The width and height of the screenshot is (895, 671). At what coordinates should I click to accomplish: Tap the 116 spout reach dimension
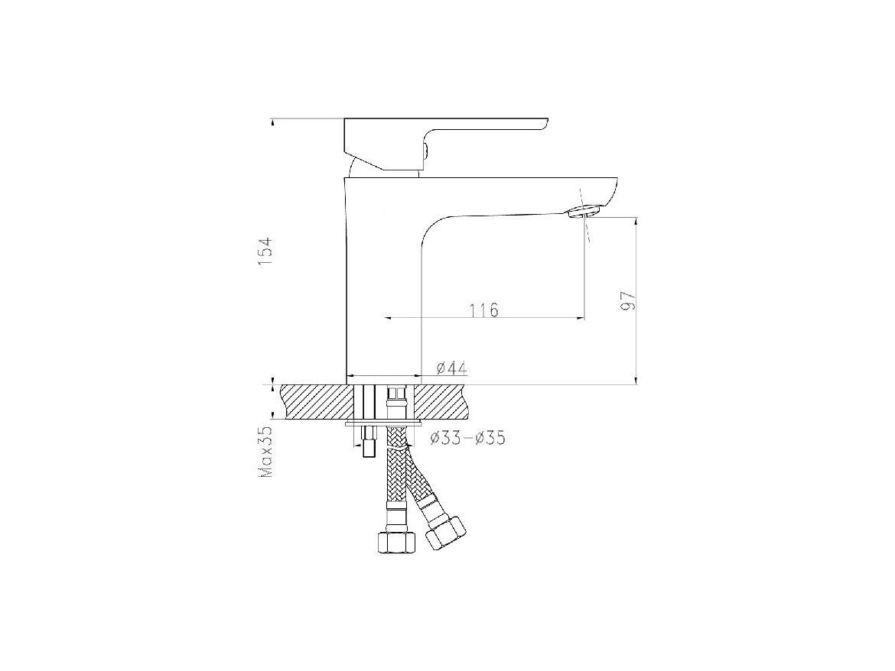pyautogui.click(x=484, y=310)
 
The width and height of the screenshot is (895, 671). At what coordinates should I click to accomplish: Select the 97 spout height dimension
pyautogui.click(x=629, y=300)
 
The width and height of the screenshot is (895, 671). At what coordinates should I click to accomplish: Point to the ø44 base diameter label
pyautogui.click(x=452, y=368)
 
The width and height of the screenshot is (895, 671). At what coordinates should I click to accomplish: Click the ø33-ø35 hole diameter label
pyautogui.click(x=467, y=439)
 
